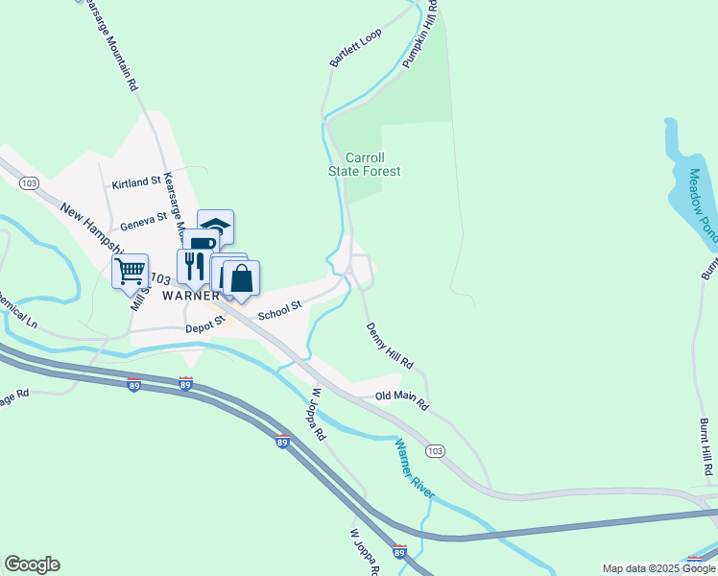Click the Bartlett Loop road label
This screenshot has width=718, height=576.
355,47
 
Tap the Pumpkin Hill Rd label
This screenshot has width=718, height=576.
420,33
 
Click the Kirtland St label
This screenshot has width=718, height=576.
135,182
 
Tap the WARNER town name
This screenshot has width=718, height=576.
192,296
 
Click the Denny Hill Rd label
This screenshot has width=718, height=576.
389,347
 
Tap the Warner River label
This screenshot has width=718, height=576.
416,468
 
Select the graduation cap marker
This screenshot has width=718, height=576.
216,226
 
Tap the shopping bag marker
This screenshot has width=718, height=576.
242,278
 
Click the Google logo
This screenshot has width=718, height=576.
32,564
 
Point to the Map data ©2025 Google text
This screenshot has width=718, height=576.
658,568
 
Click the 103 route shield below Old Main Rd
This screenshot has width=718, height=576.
435,450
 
